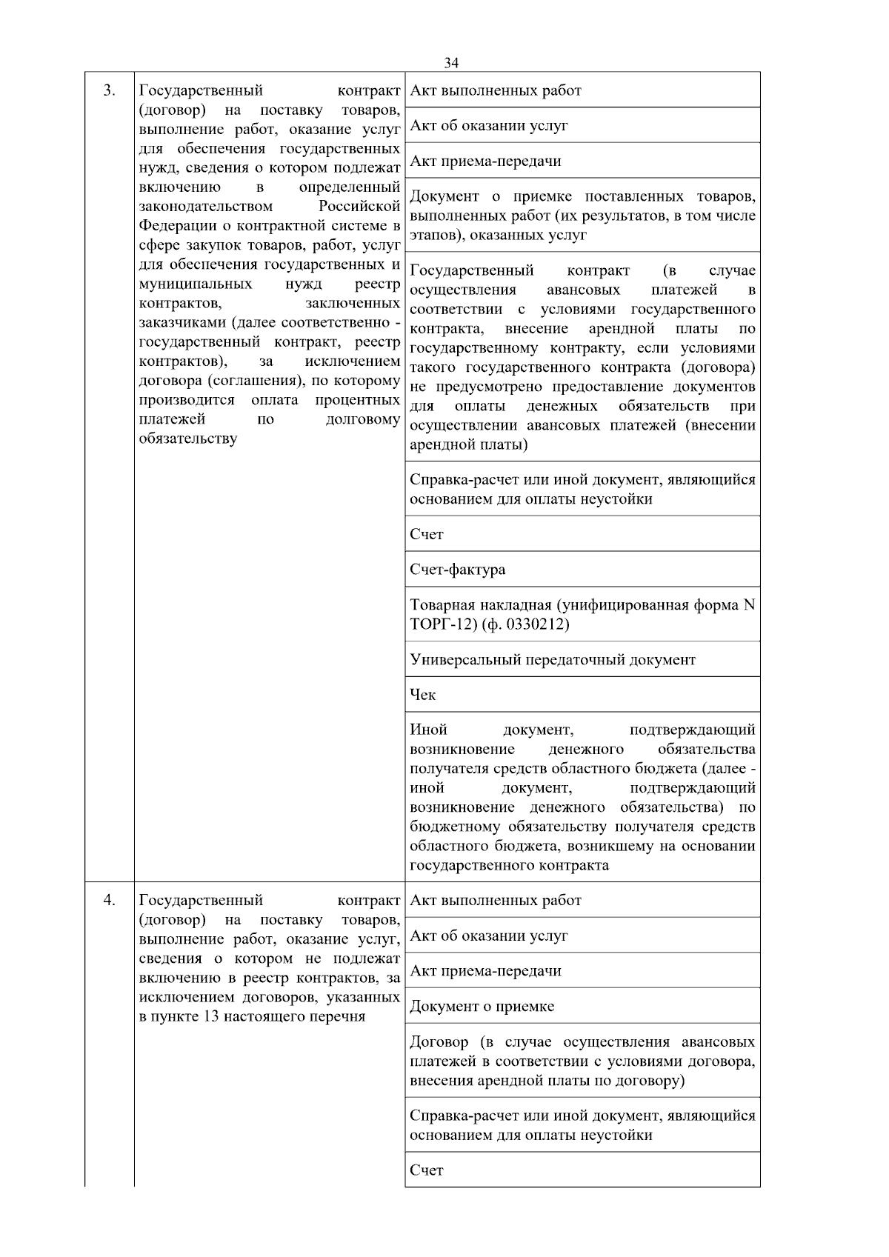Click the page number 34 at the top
pyautogui.click(x=451, y=63)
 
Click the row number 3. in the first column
pyautogui.click(x=109, y=91)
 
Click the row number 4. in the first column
pyautogui.click(x=109, y=900)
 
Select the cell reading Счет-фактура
pyautogui.click(x=457, y=570)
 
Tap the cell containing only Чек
pyautogui.click(x=423, y=695)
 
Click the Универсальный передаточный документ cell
pyautogui.click(x=552, y=659)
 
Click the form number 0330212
pyautogui.click(x=534, y=625)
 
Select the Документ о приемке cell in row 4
pyautogui.click(x=482, y=1007)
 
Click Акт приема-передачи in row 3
pyautogui.click(x=485, y=161)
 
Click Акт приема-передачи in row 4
pyautogui.click(x=485, y=971)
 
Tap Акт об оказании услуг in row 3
pyautogui.click(x=488, y=126)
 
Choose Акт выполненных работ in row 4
pyautogui.click(x=495, y=901)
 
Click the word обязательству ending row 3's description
pyautogui.click(x=188, y=439)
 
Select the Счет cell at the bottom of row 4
pyautogui.click(x=426, y=1170)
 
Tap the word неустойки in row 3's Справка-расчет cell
pyautogui.click(x=616, y=499)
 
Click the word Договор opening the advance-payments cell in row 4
pyautogui.click(x=439, y=1042)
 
